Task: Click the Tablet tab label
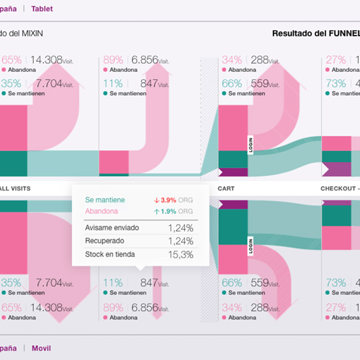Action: pyautogui.click(x=42, y=9)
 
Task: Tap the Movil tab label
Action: pyautogui.click(x=41, y=348)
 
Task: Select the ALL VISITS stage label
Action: pyautogui.click(x=15, y=188)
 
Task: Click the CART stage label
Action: pyautogui.click(x=226, y=188)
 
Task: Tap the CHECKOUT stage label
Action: pyautogui.click(x=337, y=188)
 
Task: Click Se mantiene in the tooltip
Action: pyautogui.click(x=105, y=200)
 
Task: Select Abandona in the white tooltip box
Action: pyautogui.click(x=101, y=211)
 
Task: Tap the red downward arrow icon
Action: pyautogui.click(x=157, y=200)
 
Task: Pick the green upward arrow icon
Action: pyautogui.click(x=157, y=211)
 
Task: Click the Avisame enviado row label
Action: pyautogui.click(x=112, y=228)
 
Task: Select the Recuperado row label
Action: pyautogui.click(x=105, y=241)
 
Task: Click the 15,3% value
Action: pyautogui.click(x=180, y=255)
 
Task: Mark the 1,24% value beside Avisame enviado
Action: pyautogui.click(x=180, y=228)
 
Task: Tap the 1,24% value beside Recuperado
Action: pyautogui.click(x=180, y=241)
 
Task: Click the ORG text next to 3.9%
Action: pyautogui.click(x=186, y=200)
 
